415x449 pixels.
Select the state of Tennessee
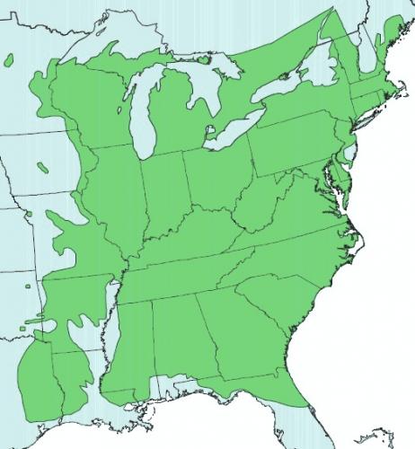(184, 269)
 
